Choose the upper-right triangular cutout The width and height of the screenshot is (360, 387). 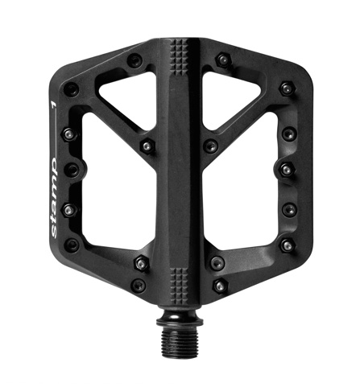pos(237,101)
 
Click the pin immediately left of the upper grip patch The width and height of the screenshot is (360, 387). pos(135,60)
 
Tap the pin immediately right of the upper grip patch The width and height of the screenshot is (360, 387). pos(222,60)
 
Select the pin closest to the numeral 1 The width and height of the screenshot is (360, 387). pos(72,89)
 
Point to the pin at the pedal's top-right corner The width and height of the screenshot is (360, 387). pos(286,89)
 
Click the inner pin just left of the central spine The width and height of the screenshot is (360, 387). pos(147,146)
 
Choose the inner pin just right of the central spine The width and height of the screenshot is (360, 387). pos(210,146)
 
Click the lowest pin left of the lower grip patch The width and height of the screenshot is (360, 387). pos(139,285)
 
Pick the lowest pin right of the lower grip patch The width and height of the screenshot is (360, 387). pos(220,285)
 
